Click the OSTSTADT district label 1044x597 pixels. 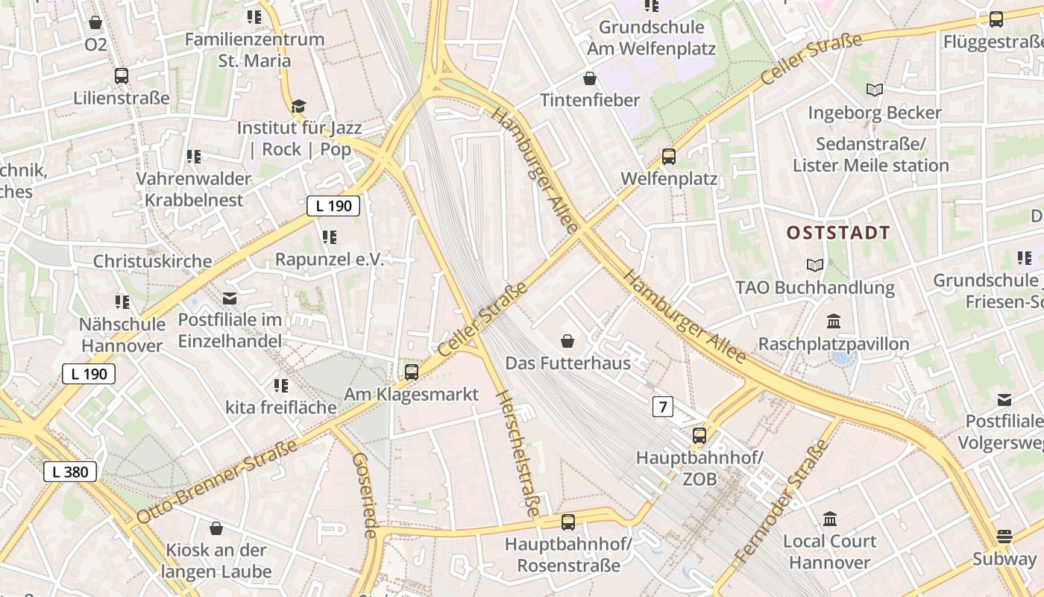[x=838, y=233]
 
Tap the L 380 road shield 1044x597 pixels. [x=70, y=472]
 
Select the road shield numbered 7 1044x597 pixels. [x=662, y=407]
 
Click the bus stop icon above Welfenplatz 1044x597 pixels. [x=669, y=157]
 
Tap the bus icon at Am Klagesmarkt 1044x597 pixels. [x=411, y=372]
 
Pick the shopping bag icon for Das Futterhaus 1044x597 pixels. [x=568, y=341]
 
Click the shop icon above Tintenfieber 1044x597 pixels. [x=590, y=78]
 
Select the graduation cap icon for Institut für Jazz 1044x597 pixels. [x=298, y=107]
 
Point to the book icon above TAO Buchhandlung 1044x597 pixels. [x=815, y=265]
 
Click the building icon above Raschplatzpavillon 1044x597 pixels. [x=834, y=322]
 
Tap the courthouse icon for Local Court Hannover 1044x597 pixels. [x=829, y=519]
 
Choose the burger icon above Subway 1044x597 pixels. [x=1004, y=537]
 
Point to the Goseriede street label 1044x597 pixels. [x=365, y=496]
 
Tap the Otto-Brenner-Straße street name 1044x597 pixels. [x=218, y=481]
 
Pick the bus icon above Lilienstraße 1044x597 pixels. [x=122, y=76]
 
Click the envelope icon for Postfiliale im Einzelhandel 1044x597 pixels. [x=230, y=298]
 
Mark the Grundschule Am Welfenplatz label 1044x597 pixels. [x=651, y=38]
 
